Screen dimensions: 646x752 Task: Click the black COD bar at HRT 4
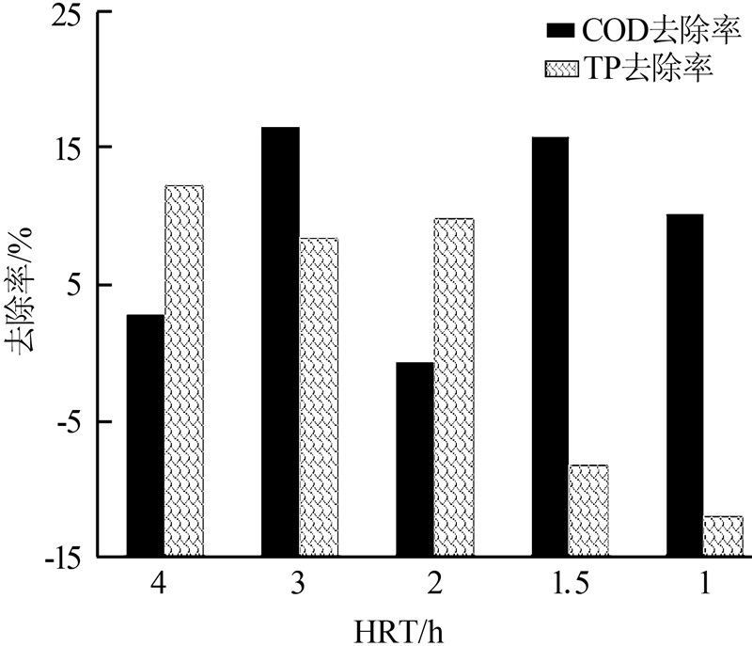click(x=145, y=435)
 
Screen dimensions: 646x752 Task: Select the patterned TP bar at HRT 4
click(x=183, y=370)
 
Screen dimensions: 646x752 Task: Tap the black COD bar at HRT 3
click(x=280, y=341)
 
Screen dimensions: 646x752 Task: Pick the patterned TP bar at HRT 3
click(x=319, y=397)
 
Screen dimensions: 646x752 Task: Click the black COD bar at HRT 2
click(x=415, y=459)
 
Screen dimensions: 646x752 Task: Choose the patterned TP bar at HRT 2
click(x=453, y=387)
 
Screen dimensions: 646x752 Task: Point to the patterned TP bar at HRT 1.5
click(x=588, y=511)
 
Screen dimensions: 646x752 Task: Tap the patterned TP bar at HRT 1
click(x=723, y=536)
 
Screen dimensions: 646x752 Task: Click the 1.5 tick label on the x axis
click(x=569, y=585)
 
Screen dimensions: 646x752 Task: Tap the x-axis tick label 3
click(x=299, y=585)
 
